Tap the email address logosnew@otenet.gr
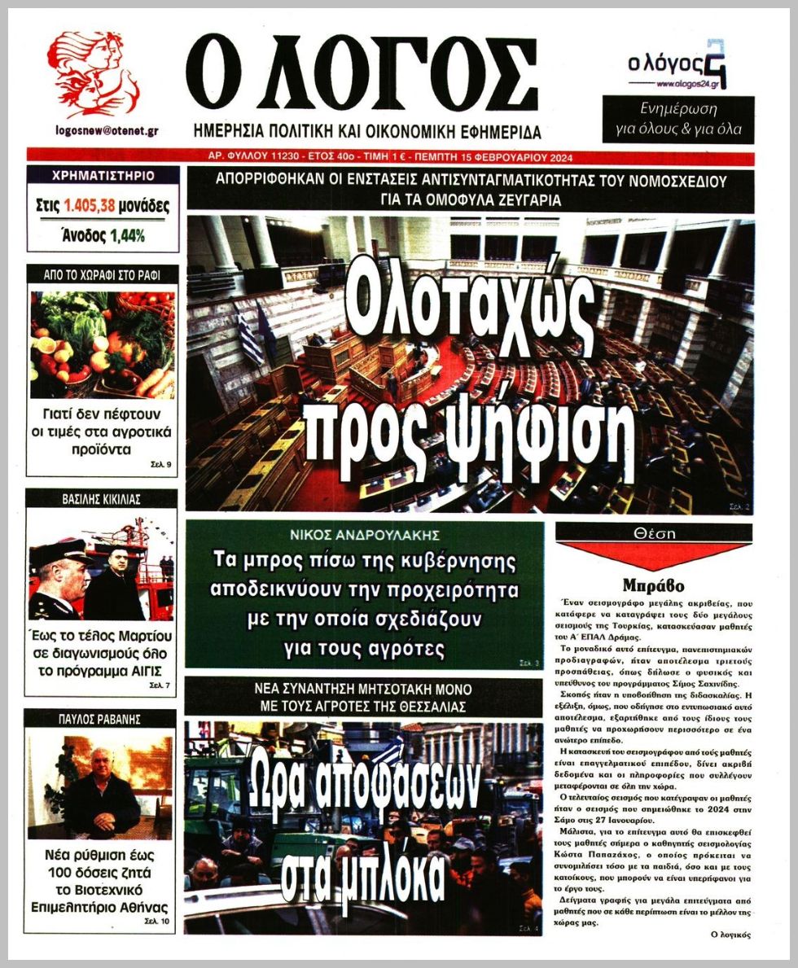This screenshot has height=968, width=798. [x=107, y=130]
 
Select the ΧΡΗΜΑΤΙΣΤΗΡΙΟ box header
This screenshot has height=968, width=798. [x=103, y=175]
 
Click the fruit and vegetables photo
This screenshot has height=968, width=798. [x=102, y=344]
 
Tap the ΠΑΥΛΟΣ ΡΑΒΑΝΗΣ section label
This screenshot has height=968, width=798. [x=102, y=720]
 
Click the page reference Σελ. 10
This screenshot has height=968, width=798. [x=160, y=921]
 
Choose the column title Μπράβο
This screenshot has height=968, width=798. [x=653, y=585]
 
